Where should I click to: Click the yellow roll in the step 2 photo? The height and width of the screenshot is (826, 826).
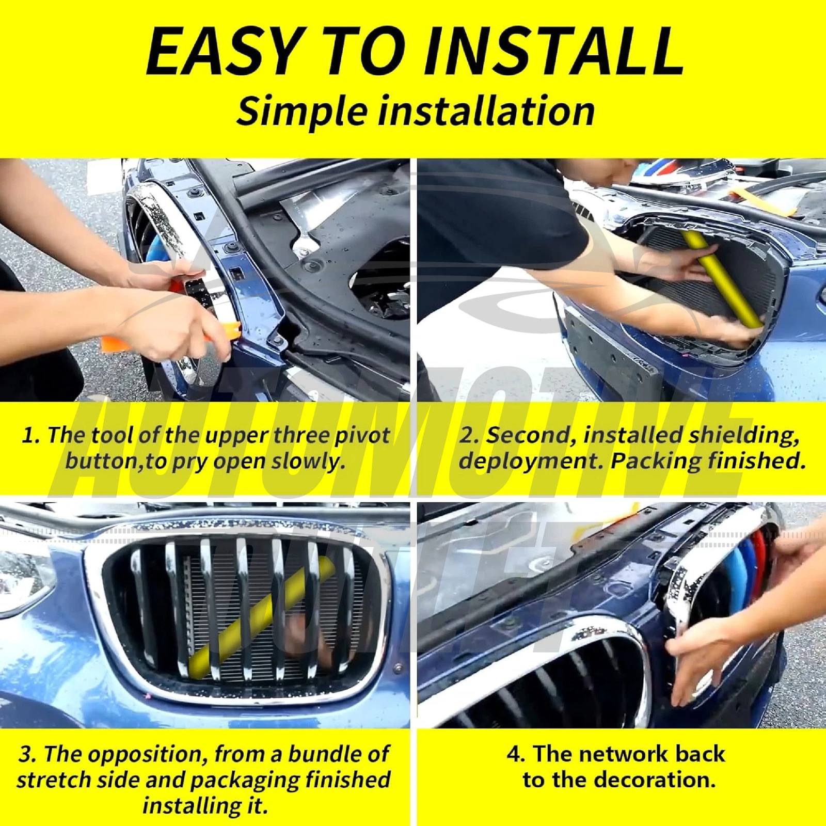pos(723,279)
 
